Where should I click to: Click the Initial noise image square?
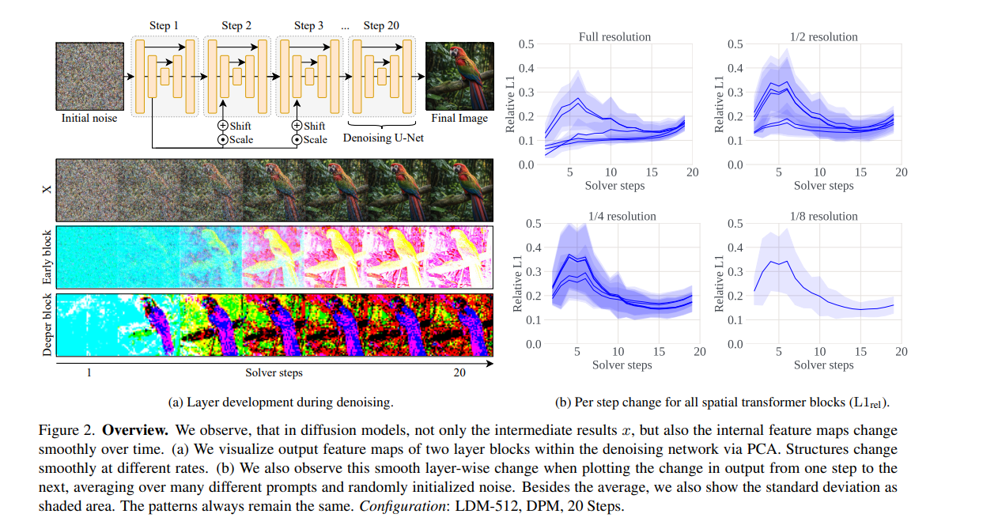tap(89, 76)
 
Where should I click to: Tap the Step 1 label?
tap(164, 25)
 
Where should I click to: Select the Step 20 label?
tap(380, 25)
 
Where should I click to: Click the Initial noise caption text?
tap(89, 119)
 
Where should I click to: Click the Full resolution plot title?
tap(614, 36)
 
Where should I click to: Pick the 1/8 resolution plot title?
tap(823, 216)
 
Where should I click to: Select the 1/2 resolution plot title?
tap(823, 36)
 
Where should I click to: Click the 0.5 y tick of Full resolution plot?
tap(526, 43)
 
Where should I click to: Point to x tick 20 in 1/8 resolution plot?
tap(901, 352)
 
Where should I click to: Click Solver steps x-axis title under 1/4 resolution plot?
tap(622, 365)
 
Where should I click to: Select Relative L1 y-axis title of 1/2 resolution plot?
tap(719, 104)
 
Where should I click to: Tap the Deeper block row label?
tap(47, 325)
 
